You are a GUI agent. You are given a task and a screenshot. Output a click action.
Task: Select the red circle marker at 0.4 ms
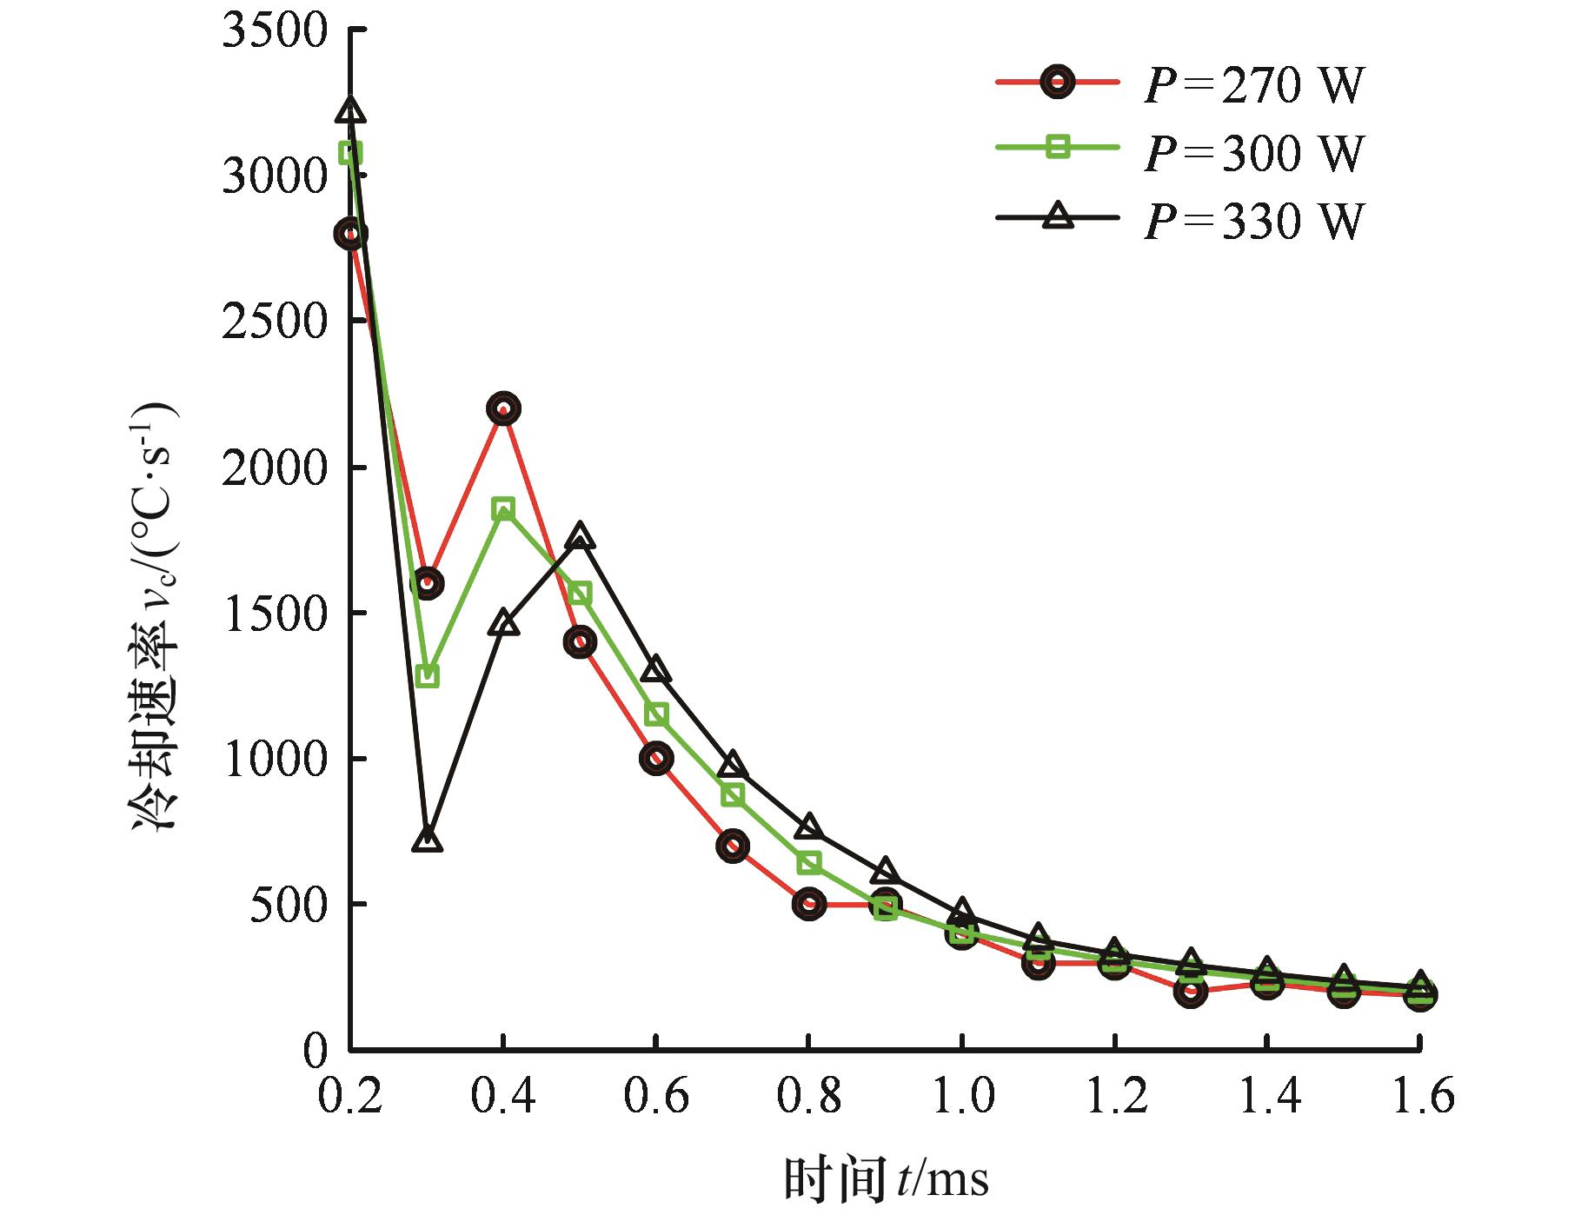503,408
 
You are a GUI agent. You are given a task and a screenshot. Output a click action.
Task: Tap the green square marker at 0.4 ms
503,508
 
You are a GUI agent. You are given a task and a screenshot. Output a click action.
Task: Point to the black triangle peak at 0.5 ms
580,537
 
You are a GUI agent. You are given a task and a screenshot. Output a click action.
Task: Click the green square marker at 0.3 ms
427,675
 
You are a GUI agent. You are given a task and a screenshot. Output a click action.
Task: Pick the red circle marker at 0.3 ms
427,582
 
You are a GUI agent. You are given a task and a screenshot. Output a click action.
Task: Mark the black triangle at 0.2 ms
350,110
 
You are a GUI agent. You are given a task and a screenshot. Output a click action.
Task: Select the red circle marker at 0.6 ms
656,758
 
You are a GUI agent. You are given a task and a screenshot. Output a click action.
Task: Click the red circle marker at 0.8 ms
809,904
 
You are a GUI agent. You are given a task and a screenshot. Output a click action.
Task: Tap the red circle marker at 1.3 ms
1191,992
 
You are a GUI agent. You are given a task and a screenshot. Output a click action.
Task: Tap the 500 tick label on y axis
286,905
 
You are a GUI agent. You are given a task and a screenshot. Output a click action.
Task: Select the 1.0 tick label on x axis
962,1097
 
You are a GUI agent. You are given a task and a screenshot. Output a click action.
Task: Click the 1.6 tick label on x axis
1419,1097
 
